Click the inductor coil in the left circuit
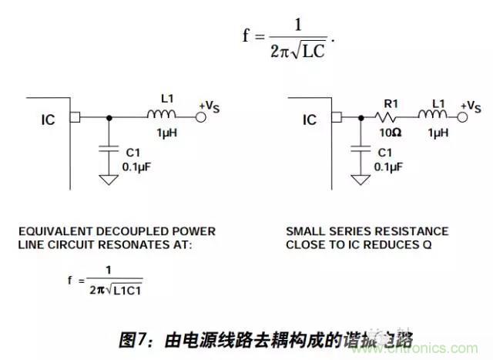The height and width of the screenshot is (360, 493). [x=162, y=116]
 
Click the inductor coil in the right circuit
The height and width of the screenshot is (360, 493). [x=434, y=116]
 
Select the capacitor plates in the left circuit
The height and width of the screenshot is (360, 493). [x=109, y=148]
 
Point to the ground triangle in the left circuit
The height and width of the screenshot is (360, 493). [x=109, y=180]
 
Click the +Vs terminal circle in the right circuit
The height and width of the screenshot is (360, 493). [x=462, y=117]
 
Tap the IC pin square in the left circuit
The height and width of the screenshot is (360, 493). [x=75, y=117]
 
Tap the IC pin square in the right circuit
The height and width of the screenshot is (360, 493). [x=336, y=117]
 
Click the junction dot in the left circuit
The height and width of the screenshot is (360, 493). [x=109, y=117]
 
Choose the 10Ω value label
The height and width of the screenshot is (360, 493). [x=387, y=132]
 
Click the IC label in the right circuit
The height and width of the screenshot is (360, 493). [x=310, y=120]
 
